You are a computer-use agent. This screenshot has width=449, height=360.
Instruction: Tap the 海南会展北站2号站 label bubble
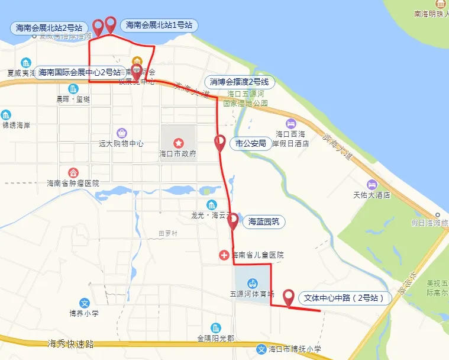pos(50,27)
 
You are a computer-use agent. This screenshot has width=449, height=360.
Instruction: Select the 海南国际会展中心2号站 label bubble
pos(79,72)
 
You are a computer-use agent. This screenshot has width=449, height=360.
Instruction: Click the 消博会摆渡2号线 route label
pos(240,82)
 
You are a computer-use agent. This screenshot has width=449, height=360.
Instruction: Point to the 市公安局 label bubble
pos(251,143)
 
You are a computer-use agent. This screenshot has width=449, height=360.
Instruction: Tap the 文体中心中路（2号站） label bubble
pos(344,298)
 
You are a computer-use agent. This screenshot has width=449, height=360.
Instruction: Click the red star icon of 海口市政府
pos(178,143)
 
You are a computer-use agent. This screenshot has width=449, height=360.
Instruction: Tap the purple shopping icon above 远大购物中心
pos(121,133)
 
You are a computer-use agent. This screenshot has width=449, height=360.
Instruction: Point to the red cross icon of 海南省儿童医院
pos(224,255)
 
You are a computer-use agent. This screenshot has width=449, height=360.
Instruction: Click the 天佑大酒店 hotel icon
pos(372,184)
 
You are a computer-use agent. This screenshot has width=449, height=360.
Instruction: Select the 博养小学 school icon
pos(84,303)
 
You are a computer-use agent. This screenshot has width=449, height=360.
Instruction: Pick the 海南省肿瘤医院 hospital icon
pos(73,172)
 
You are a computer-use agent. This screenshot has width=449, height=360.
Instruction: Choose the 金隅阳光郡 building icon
pos(215,328)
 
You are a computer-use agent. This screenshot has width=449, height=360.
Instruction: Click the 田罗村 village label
pos(169,233)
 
